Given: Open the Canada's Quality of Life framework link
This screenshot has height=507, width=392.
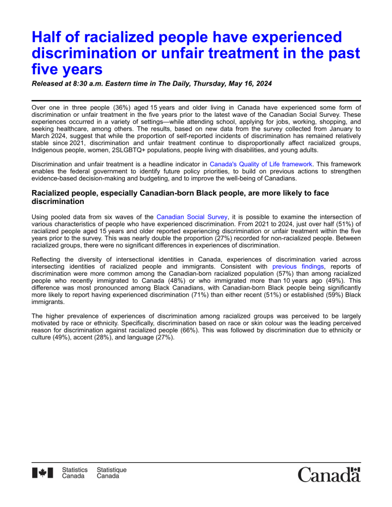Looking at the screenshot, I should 261,164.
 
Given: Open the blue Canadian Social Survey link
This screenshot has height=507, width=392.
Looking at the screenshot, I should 192,216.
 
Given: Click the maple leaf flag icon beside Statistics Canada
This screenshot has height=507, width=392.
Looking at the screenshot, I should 43,473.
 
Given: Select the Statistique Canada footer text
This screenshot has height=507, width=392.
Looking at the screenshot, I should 112,473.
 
